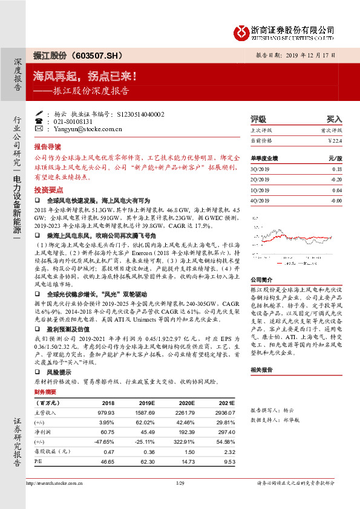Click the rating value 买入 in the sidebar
334,119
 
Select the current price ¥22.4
335,141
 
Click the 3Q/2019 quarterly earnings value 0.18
337,170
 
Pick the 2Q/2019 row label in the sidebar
260,180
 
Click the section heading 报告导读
47,146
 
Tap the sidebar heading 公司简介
263,280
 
